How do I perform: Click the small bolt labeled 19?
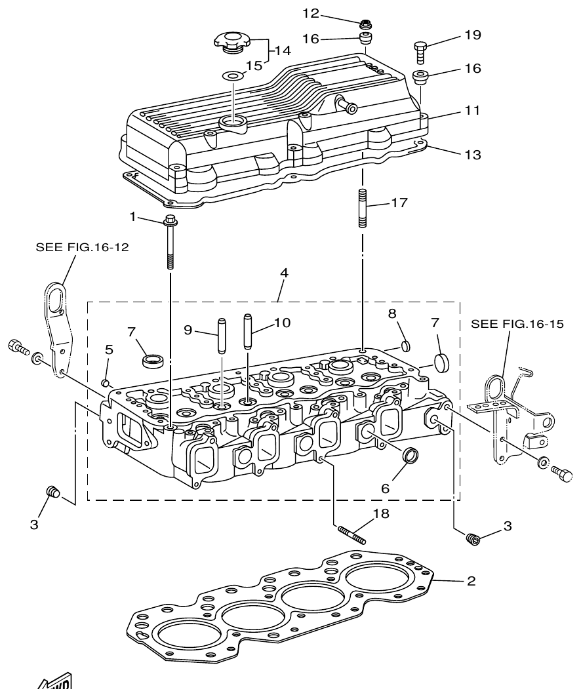pyautogui.click(x=421, y=50)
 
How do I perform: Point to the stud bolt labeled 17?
pyautogui.click(x=362, y=208)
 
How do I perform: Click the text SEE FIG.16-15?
pyautogui.click(x=517, y=324)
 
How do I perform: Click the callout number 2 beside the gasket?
pyautogui.click(x=470, y=581)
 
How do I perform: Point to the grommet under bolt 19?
pyautogui.click(x=421, y=77)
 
